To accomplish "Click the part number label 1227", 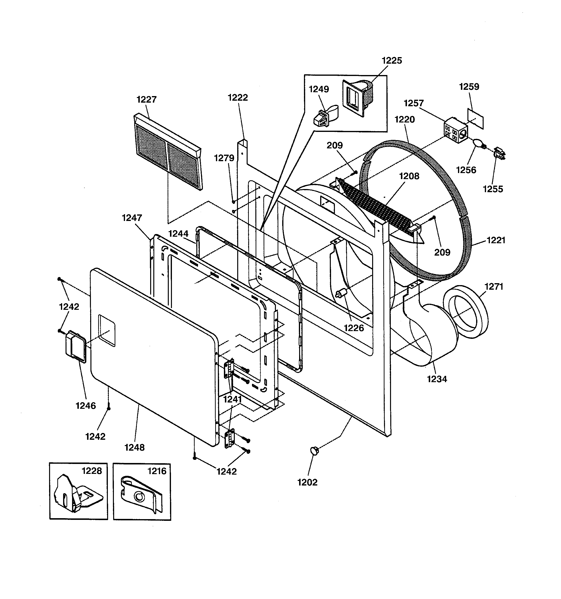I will [x=146, y=99].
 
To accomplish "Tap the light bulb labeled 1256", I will [x=478, y=143].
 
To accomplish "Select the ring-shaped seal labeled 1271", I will [x=465, y=312].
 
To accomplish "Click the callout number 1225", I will [x=392, y=61].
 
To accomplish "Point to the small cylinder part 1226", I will [x=341, y=293].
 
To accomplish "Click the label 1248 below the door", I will [x=135, y=447].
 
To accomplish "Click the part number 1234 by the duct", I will [x=437, y=379].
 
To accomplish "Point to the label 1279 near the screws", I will [x=224, y=158].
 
